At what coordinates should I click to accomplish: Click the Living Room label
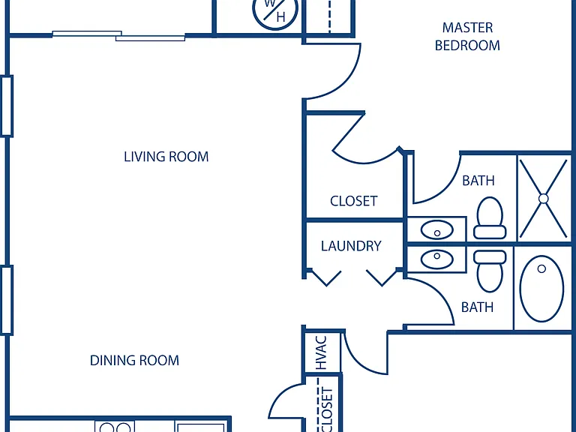(x=166, y=157)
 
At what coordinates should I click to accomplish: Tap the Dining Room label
(x=134, y=360)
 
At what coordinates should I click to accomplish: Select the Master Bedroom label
(x=467, y=36)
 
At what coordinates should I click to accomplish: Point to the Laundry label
(x=351, y=246)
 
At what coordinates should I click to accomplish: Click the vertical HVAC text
(x=321, y=352)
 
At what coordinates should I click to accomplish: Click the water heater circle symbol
(x=274, y=11)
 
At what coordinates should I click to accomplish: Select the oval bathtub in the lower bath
(x=541, y=289)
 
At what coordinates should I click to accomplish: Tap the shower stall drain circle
(x=544, y=199)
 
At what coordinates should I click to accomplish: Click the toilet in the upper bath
(x=490, y=218)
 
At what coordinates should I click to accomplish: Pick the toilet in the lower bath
(x=490, y=271)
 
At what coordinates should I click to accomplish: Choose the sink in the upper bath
(x=436, y=230)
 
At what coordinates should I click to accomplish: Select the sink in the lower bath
(x=436, y=259)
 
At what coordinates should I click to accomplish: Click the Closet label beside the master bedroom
(x=354, y=201)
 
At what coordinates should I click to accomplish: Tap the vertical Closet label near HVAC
(x=326, y=409)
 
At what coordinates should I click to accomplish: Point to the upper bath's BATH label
(x=478, y=181)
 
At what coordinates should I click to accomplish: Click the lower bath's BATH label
(x=477, y=307)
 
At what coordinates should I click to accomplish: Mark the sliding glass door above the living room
(x=118, y=36)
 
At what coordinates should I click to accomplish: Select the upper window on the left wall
(x=7, y=106)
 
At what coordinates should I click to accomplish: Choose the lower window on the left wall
(x=7, y=300)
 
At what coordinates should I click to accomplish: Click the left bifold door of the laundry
(x=325, y=277)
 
